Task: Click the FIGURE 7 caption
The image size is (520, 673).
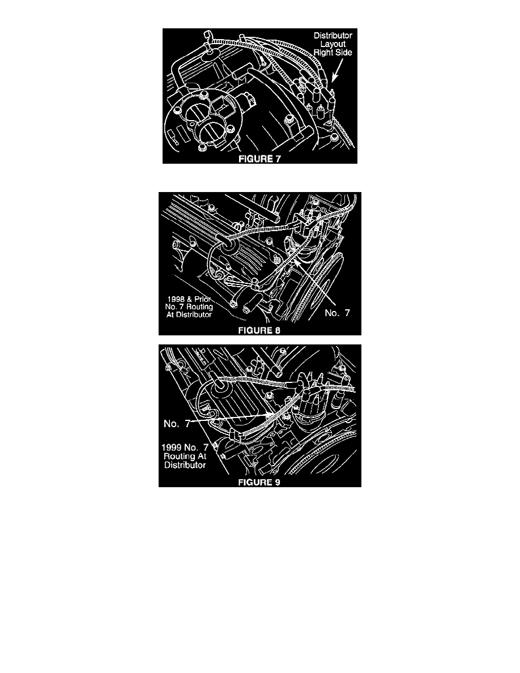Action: [x=259, y=159]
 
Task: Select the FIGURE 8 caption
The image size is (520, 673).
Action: [x=259, y=330]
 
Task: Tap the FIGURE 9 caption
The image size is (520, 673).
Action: [x=259, y=483]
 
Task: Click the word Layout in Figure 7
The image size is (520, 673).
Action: [x=333, y=44]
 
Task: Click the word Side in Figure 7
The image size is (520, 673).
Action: [x=344, y=52]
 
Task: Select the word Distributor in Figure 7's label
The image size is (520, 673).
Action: [x=333, y=36]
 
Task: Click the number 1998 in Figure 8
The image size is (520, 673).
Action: [x=176, y=299]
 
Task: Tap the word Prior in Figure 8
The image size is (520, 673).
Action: [x=203, y=299]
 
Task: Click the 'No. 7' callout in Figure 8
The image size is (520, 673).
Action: [x=337, y=313]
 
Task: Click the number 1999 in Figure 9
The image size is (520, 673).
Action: [x=171, y=447]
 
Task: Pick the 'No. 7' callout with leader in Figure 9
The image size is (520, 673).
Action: [x=177, y=424]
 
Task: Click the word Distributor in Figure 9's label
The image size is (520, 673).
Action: [x=185, y=465]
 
